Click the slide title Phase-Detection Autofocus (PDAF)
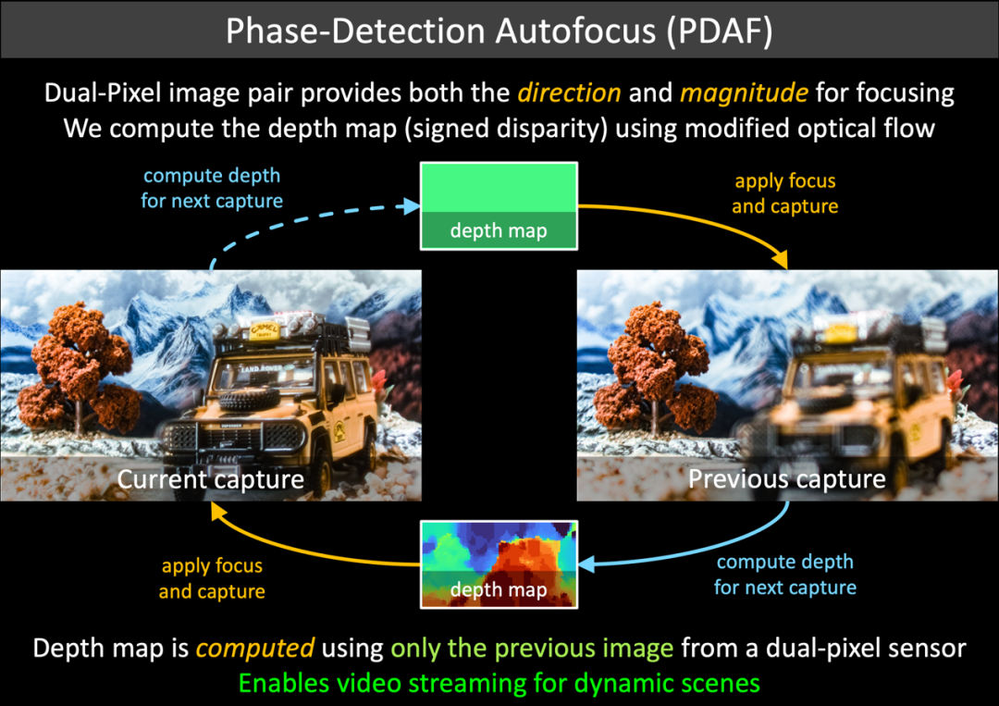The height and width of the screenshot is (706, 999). (499, 31)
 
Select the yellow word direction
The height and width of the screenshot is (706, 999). (569, 93)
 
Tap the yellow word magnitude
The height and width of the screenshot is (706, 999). (744, 93)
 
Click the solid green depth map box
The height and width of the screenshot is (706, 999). (499, 205)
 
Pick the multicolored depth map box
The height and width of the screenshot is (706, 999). (499, 564)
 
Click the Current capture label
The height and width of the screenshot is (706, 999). (210, 479)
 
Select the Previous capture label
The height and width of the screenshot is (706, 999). (787, 479)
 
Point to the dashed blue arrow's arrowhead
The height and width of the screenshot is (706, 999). (409, 205)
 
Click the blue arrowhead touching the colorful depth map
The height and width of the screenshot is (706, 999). (586, 564)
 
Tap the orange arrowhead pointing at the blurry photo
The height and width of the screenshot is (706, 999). (780, 260)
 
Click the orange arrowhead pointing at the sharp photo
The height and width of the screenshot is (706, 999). (218, 511)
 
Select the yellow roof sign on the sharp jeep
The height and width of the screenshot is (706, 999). (264, 330)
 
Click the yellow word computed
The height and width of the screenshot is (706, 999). (255, 649)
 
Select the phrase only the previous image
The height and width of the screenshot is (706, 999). (532, 648)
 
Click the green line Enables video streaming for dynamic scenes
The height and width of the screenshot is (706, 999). (499, 684)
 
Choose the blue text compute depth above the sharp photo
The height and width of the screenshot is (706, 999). (212, 175)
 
